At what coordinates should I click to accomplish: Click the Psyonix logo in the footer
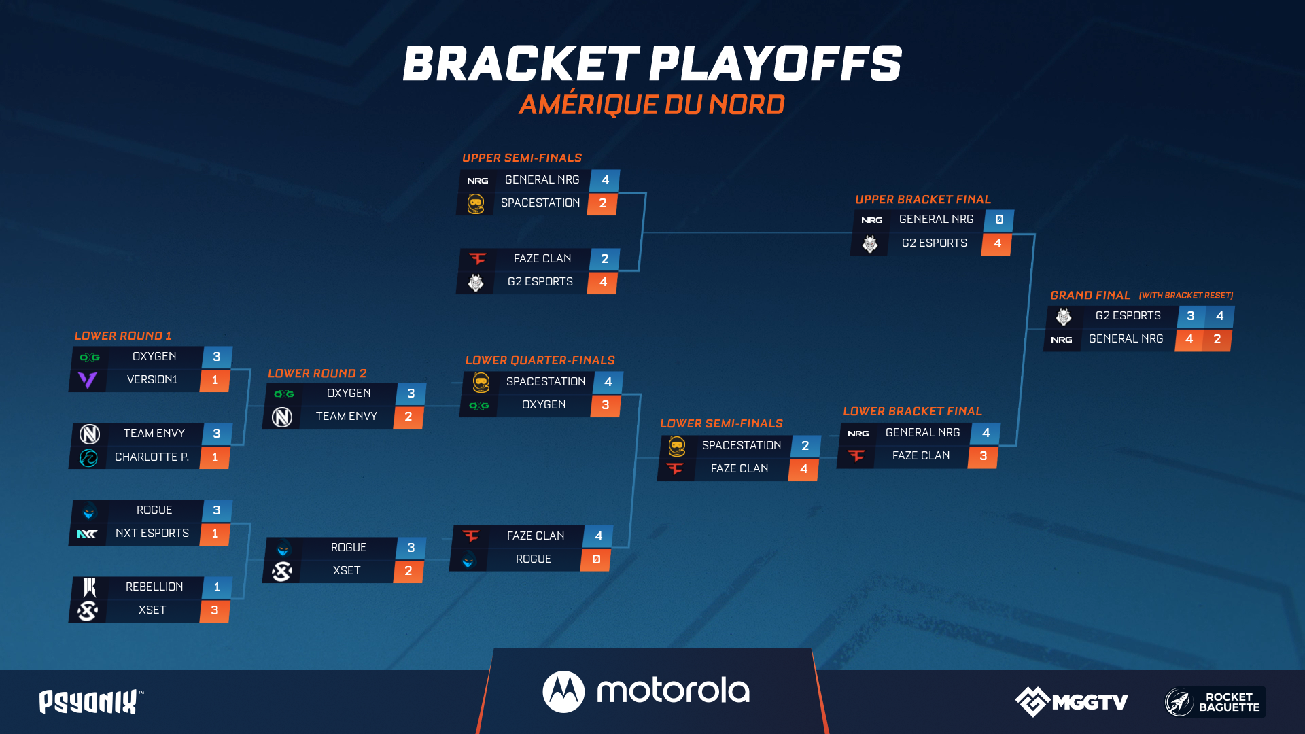tap(91, 701)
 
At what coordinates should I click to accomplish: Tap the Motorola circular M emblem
tap(563, 692)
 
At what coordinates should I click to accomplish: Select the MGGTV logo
tap(1072, 701)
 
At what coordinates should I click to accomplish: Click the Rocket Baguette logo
tap(1215, 702)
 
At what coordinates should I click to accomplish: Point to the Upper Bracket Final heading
tap(923, 199)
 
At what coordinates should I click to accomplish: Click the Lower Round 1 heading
tap(123, 336)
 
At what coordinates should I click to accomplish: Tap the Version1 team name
tap(152, 379)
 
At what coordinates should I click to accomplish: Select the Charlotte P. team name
tap(152, 457)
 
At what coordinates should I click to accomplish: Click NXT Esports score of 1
tap(215, 534)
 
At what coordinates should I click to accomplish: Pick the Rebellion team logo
tap(89, 587)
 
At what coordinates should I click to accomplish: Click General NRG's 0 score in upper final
tap(999, 220)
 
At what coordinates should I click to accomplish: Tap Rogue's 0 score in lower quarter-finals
tap(596, 559)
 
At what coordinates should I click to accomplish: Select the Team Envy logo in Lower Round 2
tap(282, 417)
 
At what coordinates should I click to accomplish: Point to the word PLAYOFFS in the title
tap(776, 64)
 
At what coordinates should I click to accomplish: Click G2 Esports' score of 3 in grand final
tap(1190, 316)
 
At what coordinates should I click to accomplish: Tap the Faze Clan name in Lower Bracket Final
tap(921, 455)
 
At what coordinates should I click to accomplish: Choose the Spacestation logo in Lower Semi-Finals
tap(676, 446)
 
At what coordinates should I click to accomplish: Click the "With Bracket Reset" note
tap(1186, 296)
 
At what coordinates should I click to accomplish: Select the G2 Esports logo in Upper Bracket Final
tap(870, 243)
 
